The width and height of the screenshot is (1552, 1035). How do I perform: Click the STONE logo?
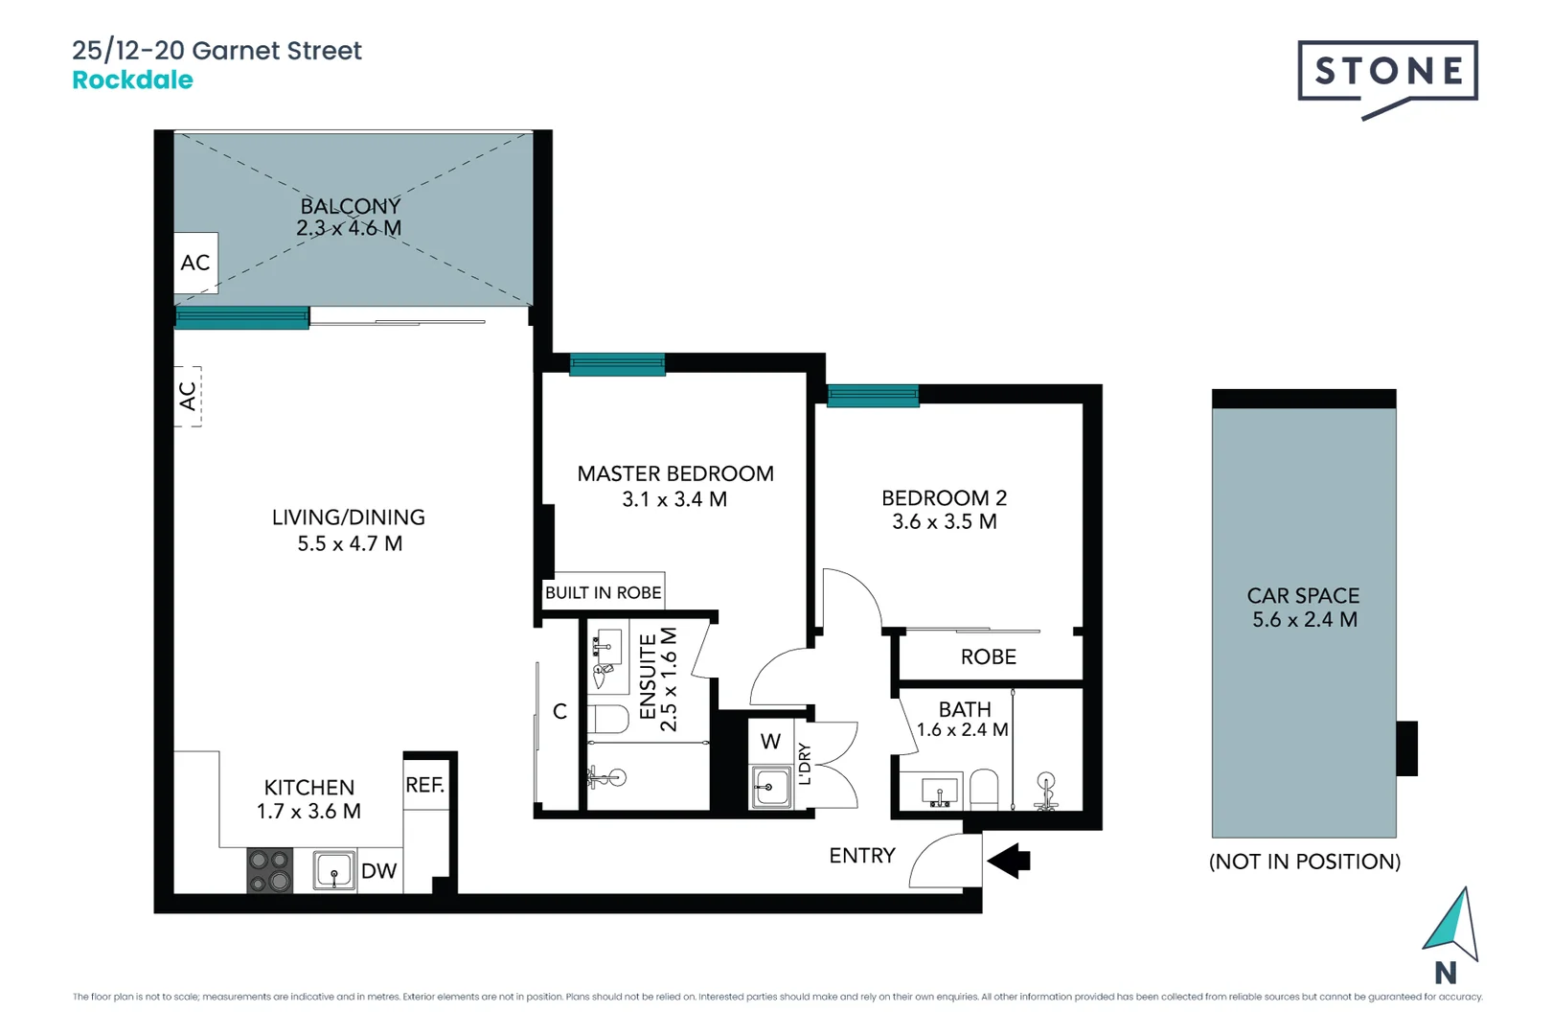pyautogui.click(x=1387, y=72)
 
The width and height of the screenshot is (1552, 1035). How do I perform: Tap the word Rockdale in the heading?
pyautogui.click(x=132, y=80)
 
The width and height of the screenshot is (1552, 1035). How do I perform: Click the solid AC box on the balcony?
pyautogui.click(x=195, y=263)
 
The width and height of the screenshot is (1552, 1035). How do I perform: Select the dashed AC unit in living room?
pyautogui.click(x=189, y=396)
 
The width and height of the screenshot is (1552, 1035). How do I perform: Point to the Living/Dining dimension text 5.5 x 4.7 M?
pyautogui.click(x=350, y=544)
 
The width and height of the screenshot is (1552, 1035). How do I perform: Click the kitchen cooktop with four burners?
pyautogui.click(x=269, y=870)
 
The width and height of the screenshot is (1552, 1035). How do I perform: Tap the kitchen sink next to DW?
pyautogui.click(x=333, y=871)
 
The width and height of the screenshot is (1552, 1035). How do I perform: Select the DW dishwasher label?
pyautogui.click(x=378, y=871)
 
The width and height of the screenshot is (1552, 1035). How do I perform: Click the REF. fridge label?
pyautogui.click(x=424, y=786)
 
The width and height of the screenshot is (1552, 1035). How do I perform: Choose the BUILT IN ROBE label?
pyautogui.click(x=603, y=593)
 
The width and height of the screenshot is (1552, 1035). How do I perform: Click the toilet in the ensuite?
pyautogui.click(x=607, y=719)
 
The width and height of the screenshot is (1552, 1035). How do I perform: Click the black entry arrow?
pyautogui.click(x=1009, y=861)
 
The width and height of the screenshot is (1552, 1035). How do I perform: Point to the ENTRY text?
pyautogui.click(x=862, y=856)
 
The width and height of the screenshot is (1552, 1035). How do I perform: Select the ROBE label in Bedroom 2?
pyautogui.click(x=988, y=657)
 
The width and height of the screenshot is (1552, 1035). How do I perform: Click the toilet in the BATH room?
pyautogui.click(x=984, y=790)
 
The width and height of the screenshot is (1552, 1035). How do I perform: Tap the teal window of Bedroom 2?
pyautogui.click(x=872, y=395)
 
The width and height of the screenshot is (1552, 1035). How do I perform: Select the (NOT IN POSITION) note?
pyautogui.click(x=1304, y=862)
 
